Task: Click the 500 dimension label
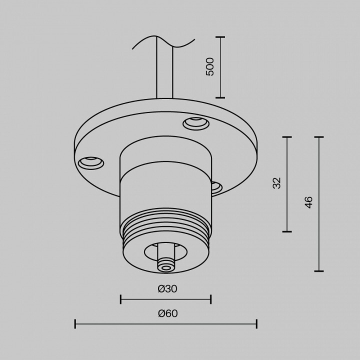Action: point(210,67)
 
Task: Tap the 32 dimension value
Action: point(277,183)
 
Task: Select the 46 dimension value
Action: point(309,202)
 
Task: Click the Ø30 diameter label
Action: point(167,289)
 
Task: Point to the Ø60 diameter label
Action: point(168,313)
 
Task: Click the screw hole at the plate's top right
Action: point(196,123)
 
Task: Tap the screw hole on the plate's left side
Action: point(91,163)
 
